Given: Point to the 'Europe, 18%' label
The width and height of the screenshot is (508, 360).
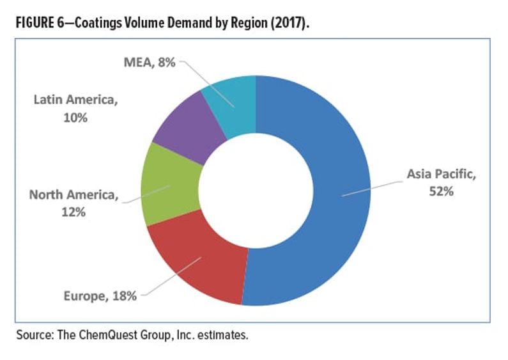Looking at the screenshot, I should pos(100,295).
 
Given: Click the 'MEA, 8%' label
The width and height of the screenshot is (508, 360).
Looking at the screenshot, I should pos(149,63).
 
